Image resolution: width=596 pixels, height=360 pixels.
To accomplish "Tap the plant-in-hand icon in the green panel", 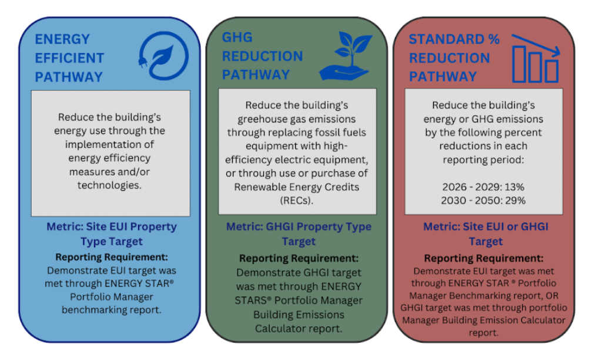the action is click(346, 55).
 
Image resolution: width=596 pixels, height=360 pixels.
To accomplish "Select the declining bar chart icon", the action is click(535, 58).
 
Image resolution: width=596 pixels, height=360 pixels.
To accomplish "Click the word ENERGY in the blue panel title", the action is click(62, 39).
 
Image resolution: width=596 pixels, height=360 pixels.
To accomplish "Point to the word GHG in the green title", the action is click(237, 37).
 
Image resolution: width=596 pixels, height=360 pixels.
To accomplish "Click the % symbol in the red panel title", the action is click(494, 39).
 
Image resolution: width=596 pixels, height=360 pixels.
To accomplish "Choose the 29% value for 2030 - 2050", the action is click(515, 200).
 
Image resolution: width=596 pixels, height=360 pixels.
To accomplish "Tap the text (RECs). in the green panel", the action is click(296, 201).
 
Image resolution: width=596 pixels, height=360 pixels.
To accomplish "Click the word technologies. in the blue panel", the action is click(109, 185).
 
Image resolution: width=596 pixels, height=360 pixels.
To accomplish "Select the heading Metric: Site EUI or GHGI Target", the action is click(485, 234).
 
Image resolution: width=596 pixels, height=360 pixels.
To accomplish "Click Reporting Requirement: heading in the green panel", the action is click(299, 258).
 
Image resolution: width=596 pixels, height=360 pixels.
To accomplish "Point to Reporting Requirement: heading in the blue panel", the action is click(112, 257).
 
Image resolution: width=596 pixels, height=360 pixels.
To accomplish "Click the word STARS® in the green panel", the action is click(253, 301).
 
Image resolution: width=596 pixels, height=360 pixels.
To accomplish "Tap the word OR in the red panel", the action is click(553, 296).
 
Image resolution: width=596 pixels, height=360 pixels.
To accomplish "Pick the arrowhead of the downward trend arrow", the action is click(556, 52).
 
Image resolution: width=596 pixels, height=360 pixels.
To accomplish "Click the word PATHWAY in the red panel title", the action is click(443, 76).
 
